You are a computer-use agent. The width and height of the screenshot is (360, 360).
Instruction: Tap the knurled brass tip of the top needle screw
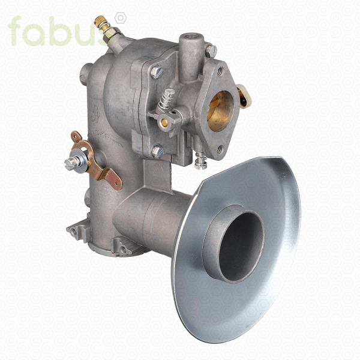pyautogui.click(x=100, y=20)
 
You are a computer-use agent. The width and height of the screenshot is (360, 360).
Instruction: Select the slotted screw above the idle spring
pyautogui.click(x=157, y=72)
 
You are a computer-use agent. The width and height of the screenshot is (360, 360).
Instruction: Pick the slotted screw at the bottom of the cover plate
pyautogui.click(x=158, y=152)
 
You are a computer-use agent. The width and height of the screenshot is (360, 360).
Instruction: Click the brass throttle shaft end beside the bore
pyautogui.click(x=164, y=122)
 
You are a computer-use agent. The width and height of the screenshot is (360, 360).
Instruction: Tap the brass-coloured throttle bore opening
pyautogui.click(x=221, y=112)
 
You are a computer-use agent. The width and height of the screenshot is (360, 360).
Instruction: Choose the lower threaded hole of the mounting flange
pyautogui.click(x=220, y=149)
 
